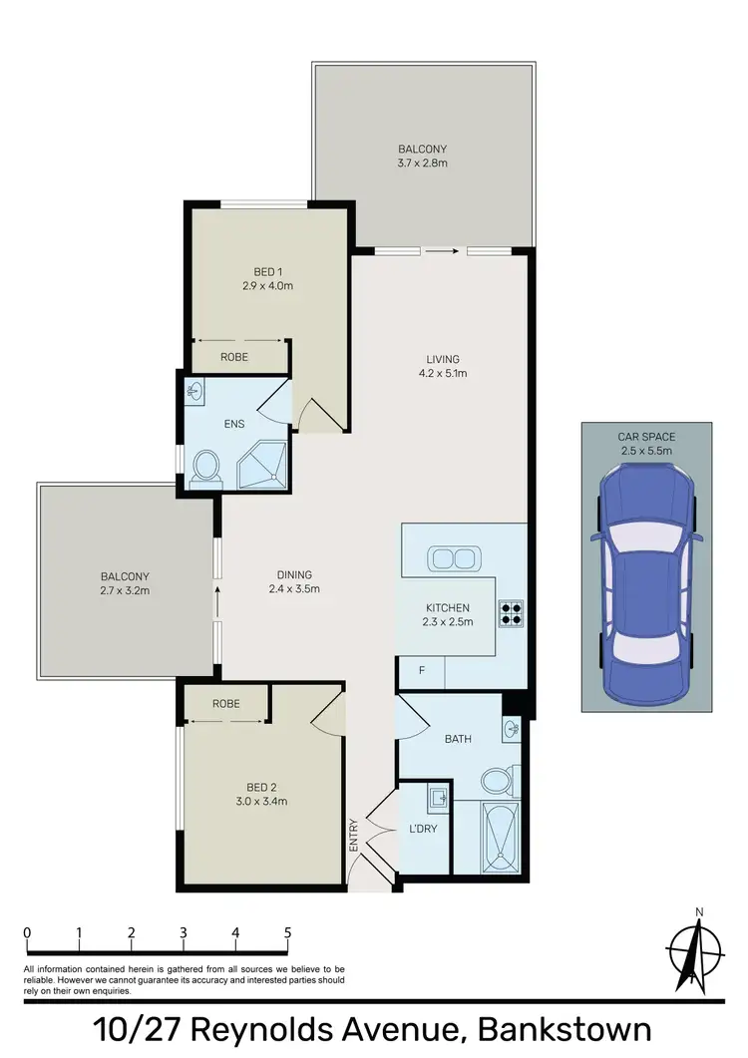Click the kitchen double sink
click(x=453, y=557)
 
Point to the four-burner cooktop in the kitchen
click(x=512, y=611)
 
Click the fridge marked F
click(x=422, y=670)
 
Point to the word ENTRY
click(x=353, y=833)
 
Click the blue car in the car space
click(x=645, y=573)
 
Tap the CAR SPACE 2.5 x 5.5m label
click(x=646, y=443)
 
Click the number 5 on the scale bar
click(x=287, y=932)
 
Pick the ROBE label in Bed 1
click(x=234, y=356)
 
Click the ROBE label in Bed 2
click(x=225, y=703)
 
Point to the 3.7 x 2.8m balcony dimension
click(x=423, y=162)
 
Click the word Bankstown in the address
click(x=564, y=1030)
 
